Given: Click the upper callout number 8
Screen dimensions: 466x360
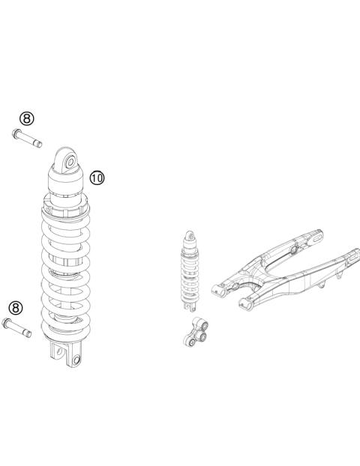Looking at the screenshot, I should pyautogui.click(x=27, y=118).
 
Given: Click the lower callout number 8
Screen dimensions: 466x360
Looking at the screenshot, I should pyautogui.click(x=14, y=308).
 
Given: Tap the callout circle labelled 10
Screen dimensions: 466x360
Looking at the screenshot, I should pyautogui.click(x=97, y=178).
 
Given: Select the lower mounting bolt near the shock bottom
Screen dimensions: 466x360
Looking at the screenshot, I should pyautogui.click(x=18, y=327).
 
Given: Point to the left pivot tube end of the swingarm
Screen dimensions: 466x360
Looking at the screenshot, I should pyautogui.click(x=217, y=284).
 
